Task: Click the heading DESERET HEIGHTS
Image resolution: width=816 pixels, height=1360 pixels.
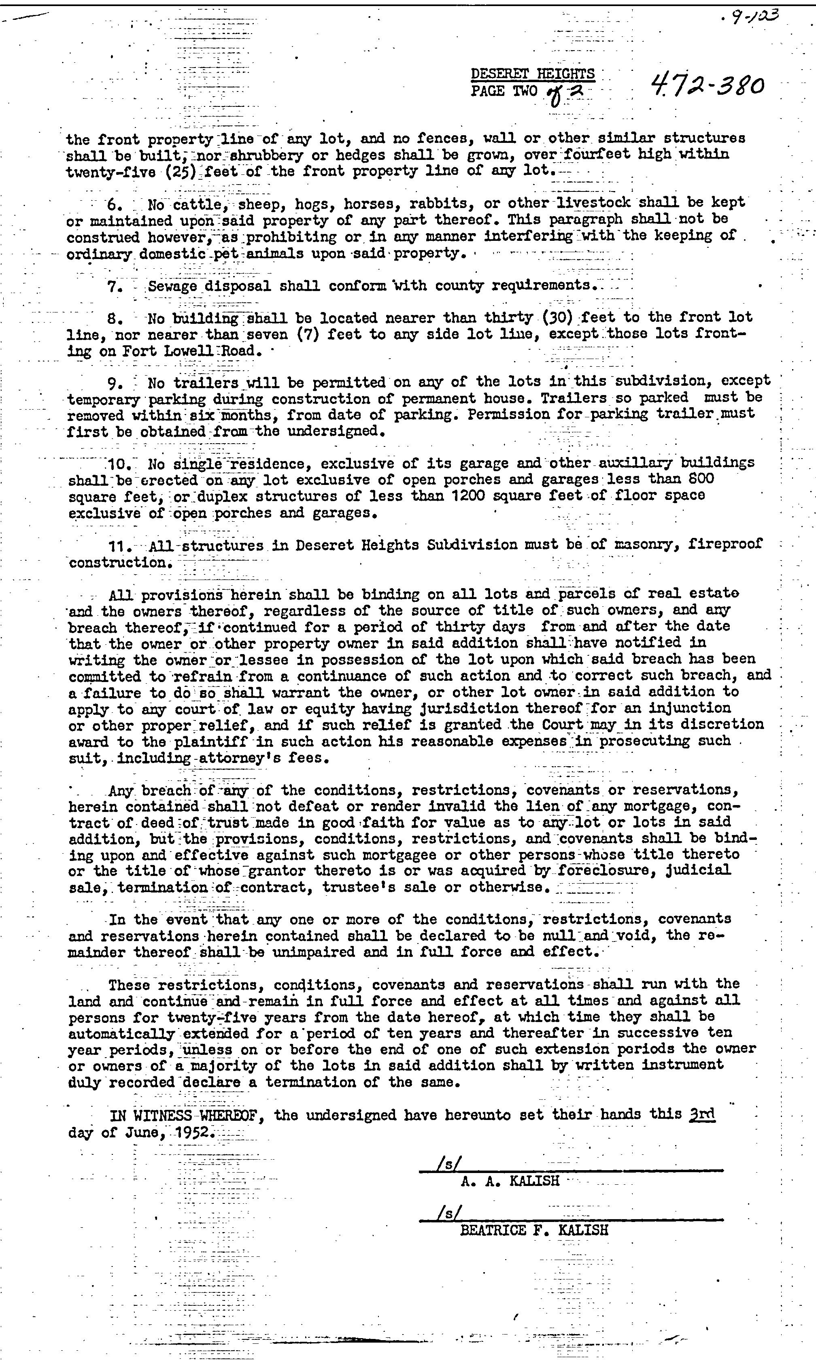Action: click(532, 74)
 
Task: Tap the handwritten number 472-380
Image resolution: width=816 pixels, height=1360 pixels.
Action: click(707, 86)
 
